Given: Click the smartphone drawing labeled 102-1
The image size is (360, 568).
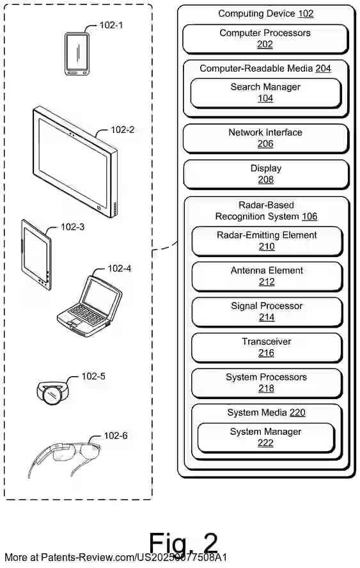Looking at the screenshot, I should pyautogui.click(x=77, y=54).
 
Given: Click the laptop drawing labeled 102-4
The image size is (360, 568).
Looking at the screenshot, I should pyautogui.click(x=90, y=304).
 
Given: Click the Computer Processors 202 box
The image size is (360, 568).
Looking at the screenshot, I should pyautogui.click(x=265, y=39).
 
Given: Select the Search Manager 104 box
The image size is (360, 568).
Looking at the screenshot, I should pyautogui.click(x=265, y=93).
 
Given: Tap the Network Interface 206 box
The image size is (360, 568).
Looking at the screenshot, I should pyautogui.click(x=265, y=138).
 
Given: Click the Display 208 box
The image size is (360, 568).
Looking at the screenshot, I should pyautogui.click(x=265, y=174).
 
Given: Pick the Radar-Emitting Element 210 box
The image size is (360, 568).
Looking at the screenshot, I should pyautogui.click(x=267, y=241).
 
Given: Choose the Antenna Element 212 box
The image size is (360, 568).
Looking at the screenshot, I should pyautogui.click(x=267, y=276).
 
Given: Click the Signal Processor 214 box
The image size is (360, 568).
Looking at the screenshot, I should pyautogui.click(x=267, y=312).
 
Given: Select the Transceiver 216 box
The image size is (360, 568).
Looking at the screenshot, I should pyautogui.click(x=267, y=347).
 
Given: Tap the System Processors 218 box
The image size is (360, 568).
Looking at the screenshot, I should pyautogui.click(x=267, y=383).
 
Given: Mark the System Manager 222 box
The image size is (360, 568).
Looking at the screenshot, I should pyautogui.click(x=265, y=438).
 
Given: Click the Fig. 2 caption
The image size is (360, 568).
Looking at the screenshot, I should pyautogui.click(x=184, y=543).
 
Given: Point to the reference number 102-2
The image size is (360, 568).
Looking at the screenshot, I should pyautogui.click(x=122, y=130).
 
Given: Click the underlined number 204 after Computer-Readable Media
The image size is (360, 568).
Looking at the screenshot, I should pyautogui.click(x=323, y=68).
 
